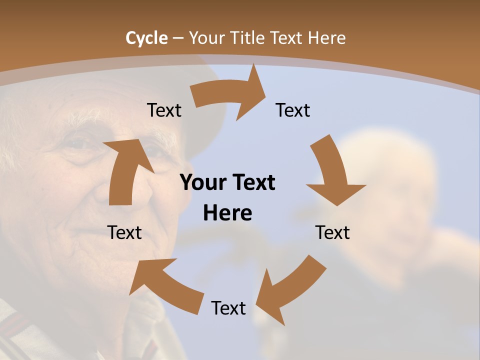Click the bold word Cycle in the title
coord(146,38)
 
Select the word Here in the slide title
coord(326,38)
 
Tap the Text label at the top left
coord(164,110)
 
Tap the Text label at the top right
coord(293,110)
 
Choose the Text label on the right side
coord(332,232)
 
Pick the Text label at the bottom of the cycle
coord(228,308)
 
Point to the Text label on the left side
coord(124,232)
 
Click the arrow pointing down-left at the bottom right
coord(290,290)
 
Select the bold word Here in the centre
coord(227,213)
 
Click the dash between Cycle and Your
coord(178,38)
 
